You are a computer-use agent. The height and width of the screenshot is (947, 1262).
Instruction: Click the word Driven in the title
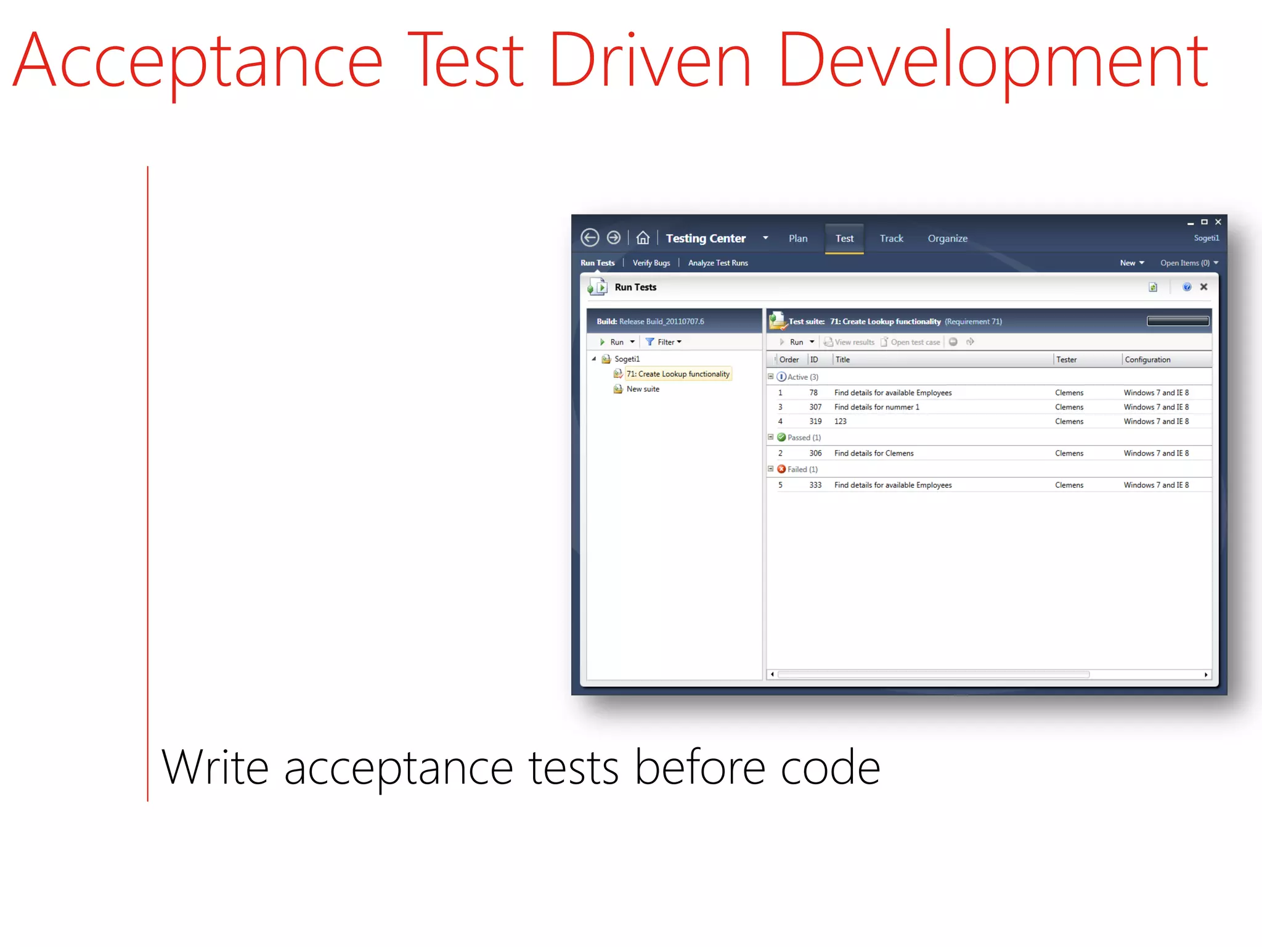tap(649, 60)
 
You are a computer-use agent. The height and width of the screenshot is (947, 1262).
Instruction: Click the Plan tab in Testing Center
tap(797, 239)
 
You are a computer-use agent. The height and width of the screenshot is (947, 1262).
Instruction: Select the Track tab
tap(891, 239)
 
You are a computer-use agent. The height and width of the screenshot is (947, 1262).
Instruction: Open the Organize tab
tap(947, 239)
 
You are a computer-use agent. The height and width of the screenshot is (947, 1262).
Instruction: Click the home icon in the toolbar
tap(643, 238)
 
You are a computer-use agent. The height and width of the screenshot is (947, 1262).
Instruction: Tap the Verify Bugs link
tap(651, 263)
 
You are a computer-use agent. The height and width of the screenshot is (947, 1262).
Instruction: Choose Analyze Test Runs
tap(718, 263)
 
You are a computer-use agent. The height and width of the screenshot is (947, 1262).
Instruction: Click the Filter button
tap(664, 342)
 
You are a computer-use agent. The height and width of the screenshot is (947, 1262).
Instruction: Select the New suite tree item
tap(643, 389)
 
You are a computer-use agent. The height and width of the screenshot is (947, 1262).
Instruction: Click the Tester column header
tap(1066, 360)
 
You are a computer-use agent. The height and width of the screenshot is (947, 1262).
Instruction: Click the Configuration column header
tap(1147, 360)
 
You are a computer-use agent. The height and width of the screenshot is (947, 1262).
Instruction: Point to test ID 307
tap(815, 408)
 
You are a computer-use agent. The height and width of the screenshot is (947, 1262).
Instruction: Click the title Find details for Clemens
tap(874, 454)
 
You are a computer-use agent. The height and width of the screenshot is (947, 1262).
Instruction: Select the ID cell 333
tap(815, 486)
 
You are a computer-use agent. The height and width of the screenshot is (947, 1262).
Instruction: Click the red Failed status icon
tap(781, 469)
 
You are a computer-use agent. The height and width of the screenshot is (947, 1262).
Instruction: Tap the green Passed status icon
tap(781, 437)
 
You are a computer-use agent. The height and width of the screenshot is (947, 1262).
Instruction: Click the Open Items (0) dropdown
tap(1189, 263)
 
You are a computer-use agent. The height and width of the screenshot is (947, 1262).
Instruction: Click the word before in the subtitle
tap(700, 768)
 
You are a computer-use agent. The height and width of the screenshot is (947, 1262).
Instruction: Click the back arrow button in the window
tap(590, 238)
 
